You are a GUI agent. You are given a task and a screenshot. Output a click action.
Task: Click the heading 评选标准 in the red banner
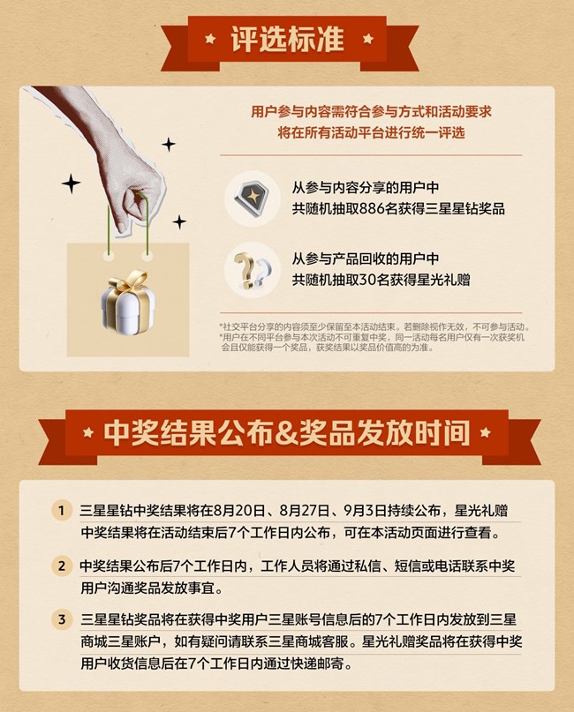point(287,41)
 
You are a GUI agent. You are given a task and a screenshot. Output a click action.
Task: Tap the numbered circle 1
point(61,510)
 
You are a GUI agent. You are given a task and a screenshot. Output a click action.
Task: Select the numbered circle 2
point(61,565)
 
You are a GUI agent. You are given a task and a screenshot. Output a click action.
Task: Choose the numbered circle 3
point(61,618)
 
